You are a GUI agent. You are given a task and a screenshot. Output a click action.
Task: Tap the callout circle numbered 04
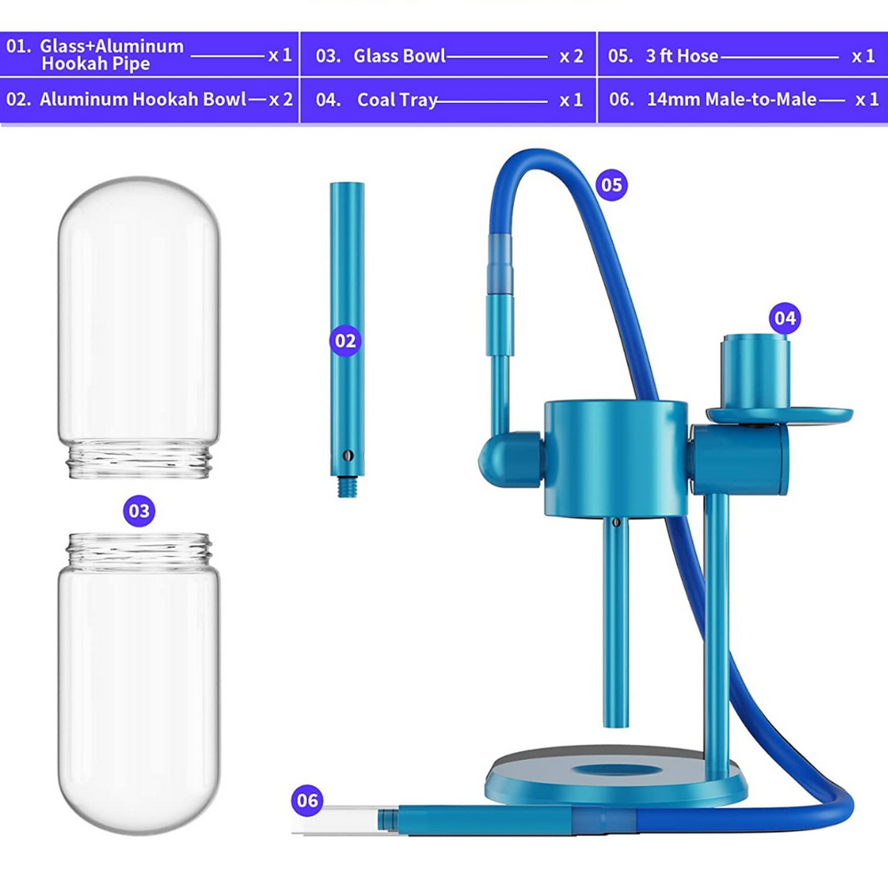click(x=785, y=317)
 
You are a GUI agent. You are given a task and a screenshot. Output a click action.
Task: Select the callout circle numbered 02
click(x=346, y=340)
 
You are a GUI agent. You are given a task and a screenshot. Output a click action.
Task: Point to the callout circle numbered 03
click(x=139, y=511)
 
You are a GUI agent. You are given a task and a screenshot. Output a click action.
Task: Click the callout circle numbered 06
click(x=307, y=800)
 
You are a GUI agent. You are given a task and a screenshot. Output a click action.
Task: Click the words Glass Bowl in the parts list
click(x=400, y=56)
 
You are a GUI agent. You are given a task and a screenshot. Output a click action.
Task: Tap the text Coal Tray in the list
click(x=397, y=99)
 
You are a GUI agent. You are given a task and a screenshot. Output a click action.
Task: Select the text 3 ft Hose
click(x=681, y=56)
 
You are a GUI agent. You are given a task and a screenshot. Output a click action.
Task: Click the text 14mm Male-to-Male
click(x=731, y=99)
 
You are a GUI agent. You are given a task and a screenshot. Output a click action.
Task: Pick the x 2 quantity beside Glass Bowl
click(x=571, y=56)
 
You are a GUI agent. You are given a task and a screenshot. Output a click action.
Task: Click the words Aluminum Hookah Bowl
click(x=143, y=99)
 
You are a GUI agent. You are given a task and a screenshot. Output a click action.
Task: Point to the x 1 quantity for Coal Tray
click(x=571, y=99)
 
